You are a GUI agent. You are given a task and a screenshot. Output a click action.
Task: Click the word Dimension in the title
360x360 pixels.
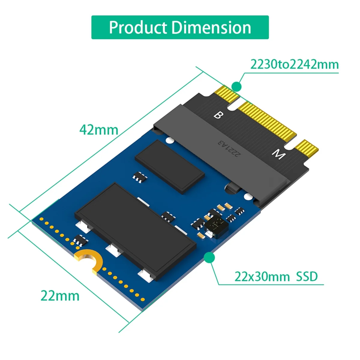pos(211,28)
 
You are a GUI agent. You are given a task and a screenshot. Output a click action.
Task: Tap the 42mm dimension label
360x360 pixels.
pos(99,130)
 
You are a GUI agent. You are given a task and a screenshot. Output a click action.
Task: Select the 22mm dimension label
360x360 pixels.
pos(60,296)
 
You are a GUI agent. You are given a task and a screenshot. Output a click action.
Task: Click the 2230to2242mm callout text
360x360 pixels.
pos(294,64)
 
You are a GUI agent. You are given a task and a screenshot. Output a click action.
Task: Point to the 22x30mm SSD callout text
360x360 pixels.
pos(276,276)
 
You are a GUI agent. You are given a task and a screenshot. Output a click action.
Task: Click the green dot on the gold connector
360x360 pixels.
pos(237,87)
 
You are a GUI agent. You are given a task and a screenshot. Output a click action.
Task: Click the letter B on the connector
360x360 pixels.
pos(218,115)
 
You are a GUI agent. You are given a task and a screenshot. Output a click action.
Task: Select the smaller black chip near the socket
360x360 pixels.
pos(170,165)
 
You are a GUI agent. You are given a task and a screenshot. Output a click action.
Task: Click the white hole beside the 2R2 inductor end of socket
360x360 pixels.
pos(248,197)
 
